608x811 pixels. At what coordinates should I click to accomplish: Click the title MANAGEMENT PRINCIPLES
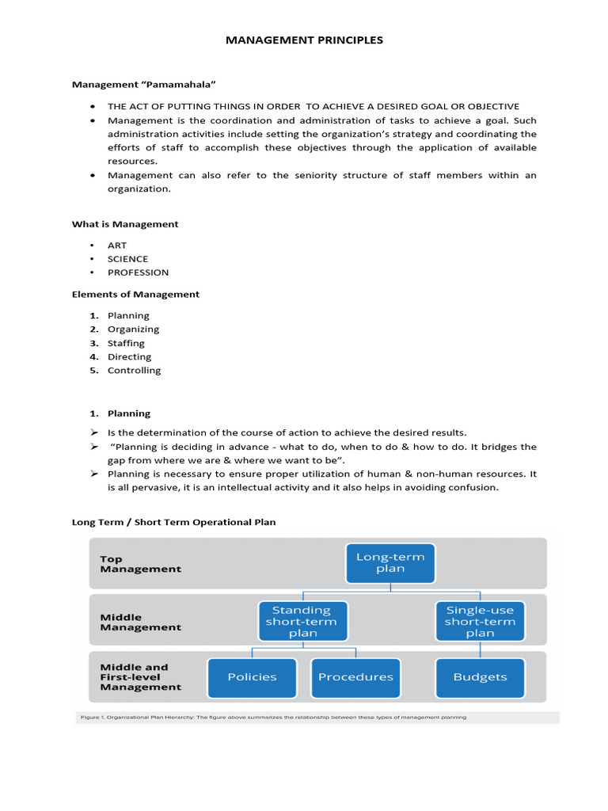point(304,40)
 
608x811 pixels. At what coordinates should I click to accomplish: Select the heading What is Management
point(125,224)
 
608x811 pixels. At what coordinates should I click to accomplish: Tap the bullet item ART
point(117,246)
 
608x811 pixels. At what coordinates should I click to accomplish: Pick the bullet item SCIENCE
point(127,259)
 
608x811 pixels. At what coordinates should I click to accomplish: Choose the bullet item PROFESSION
point(138,272)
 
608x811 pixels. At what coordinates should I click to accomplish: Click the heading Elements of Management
point(135,294)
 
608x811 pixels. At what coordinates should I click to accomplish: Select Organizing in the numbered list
point(133,329)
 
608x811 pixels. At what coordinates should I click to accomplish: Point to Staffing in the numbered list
point(126,343)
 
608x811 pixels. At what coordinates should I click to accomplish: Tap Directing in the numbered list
point(129,356)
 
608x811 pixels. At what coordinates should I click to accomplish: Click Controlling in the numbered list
point(134,370)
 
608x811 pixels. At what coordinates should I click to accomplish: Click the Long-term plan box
point(390,563)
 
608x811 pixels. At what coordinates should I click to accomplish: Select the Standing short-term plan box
point(301,621)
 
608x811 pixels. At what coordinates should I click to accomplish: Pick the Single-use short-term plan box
point(480,621)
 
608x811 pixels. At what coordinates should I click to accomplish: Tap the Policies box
point(252,677)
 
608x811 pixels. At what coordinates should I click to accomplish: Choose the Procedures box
point(355,677)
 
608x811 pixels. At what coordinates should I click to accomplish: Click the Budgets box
point(480,677)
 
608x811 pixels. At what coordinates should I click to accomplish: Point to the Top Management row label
point(140,563)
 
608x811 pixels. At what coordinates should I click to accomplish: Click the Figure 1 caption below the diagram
point(273,717)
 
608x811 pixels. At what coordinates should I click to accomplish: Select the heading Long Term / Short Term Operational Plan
point(173,522)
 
